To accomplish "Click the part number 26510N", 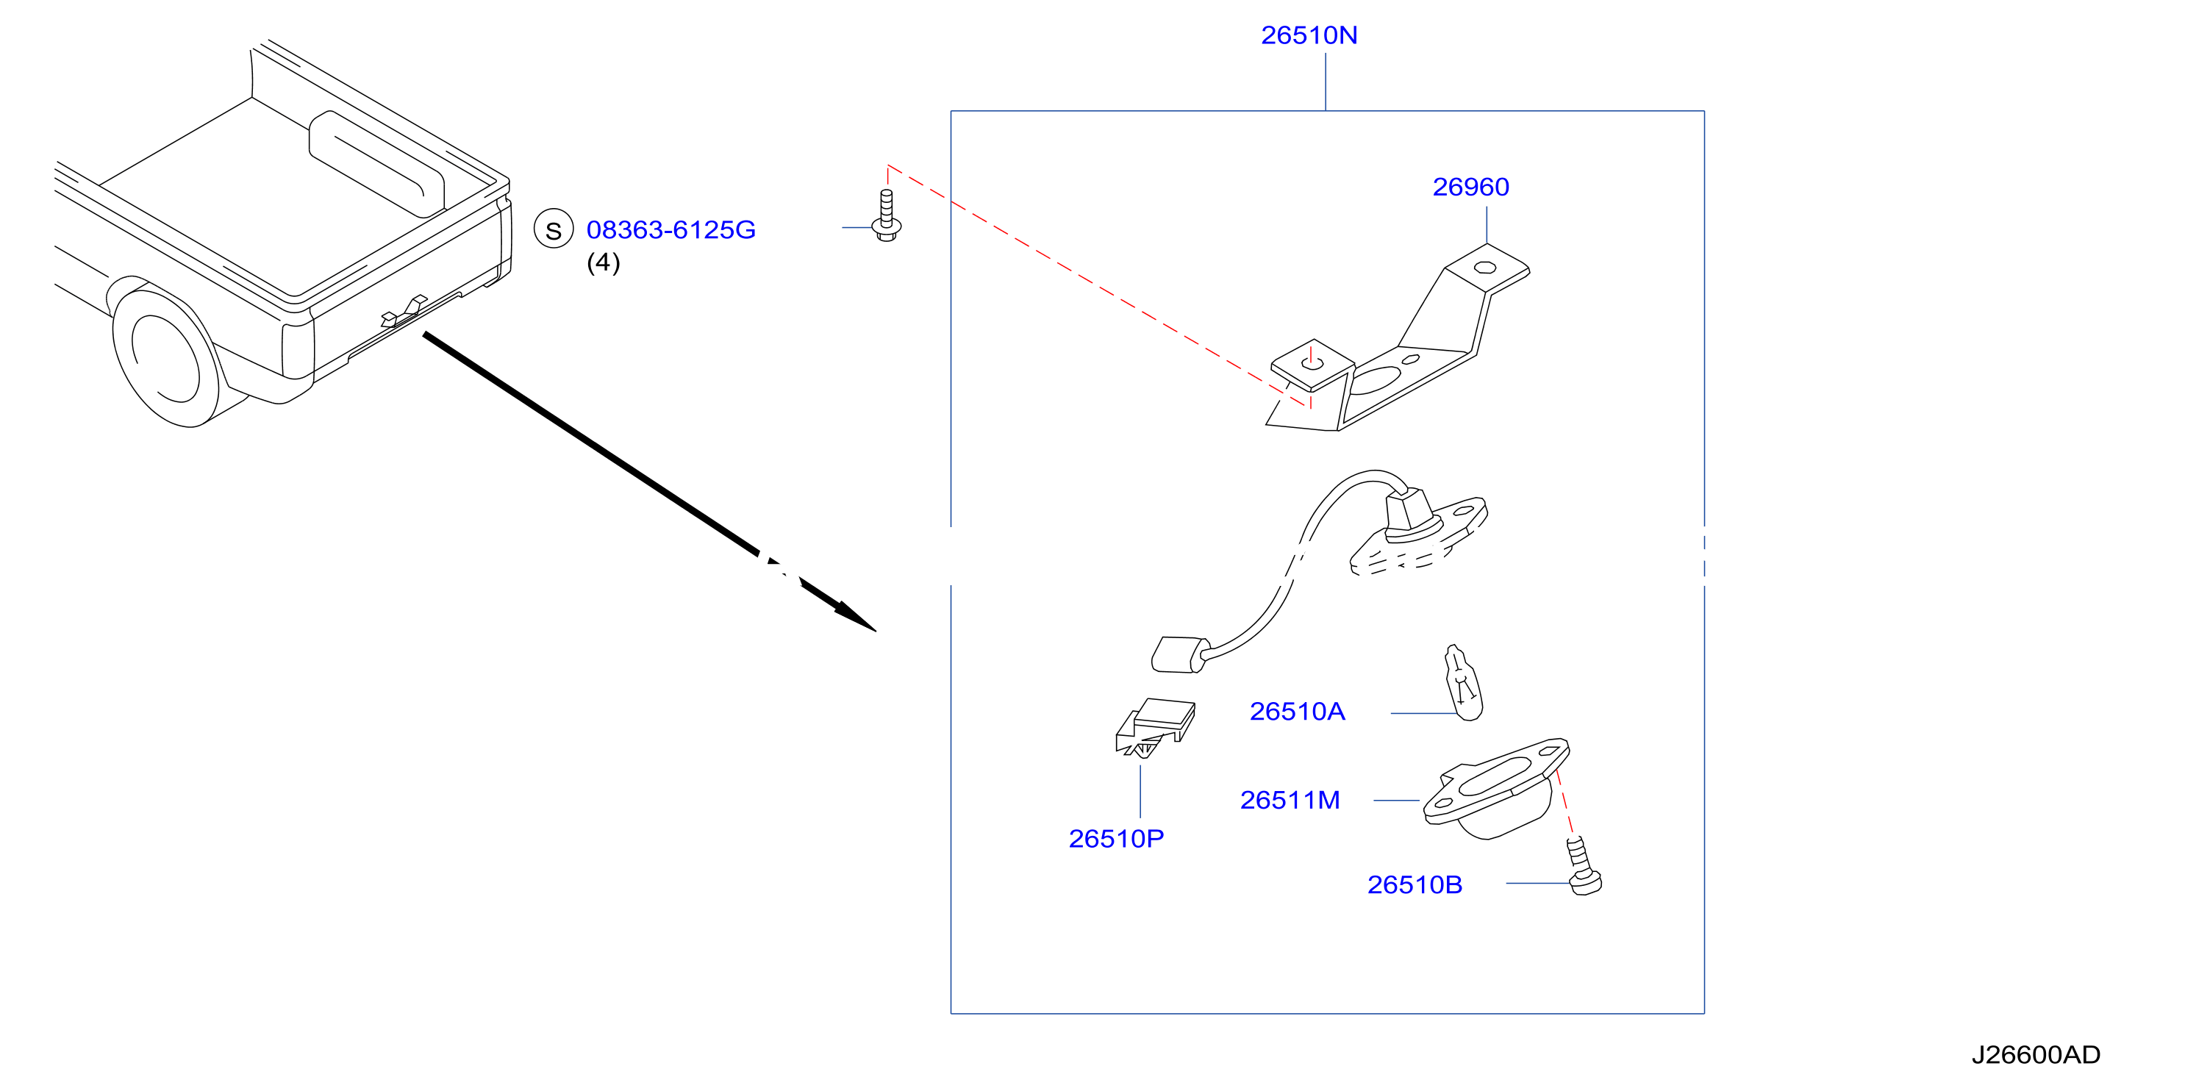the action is tap(1309, 35).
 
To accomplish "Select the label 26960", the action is tap(1471, 187).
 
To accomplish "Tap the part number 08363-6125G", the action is tap(671, 230).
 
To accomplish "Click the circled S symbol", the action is tap(554, 229).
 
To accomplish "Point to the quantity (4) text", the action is tap(603, 263).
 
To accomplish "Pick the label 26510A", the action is tap(1297, 711).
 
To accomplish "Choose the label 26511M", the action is tap(1290, 800).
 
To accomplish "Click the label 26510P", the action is tap(1116, 838).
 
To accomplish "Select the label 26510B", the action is tap(1415, 885).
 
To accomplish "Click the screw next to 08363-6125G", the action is tap(887, 215).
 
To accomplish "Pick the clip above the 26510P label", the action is tap(1155, 727).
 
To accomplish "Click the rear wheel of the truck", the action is tap(166, 357).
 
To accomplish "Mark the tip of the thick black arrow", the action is tap(876, 632).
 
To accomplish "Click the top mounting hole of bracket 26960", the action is tap(1485, 268).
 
